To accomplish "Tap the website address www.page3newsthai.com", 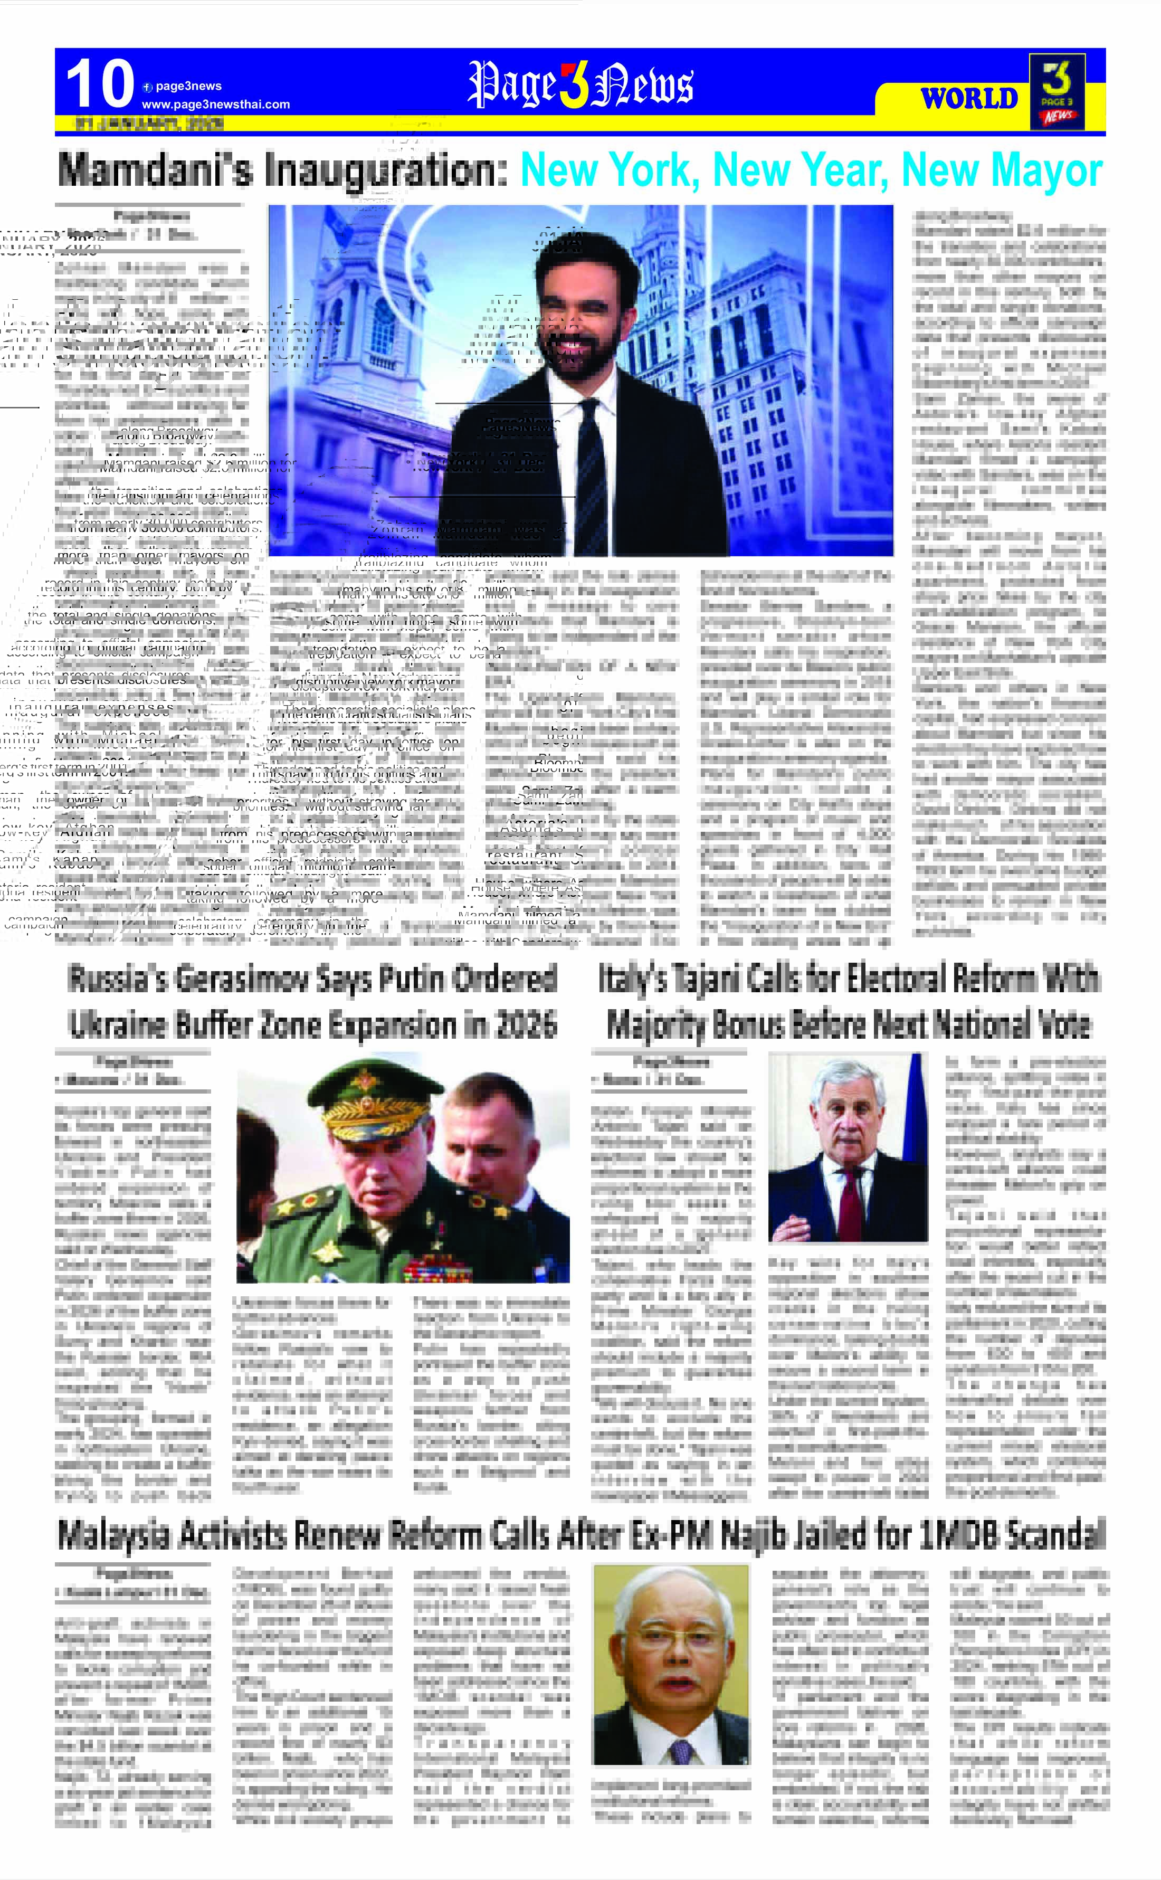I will click(216, 105).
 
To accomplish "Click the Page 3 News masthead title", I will click(580, 84).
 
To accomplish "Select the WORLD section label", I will click(968, 99).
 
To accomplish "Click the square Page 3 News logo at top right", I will click(1057, 91).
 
